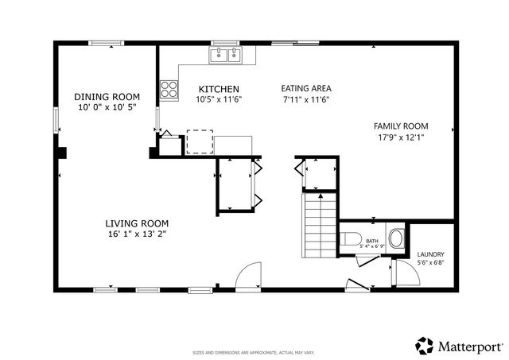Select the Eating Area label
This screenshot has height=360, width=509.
(306, 89)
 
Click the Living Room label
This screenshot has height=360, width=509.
(138, 223)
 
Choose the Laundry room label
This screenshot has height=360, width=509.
(430, 254)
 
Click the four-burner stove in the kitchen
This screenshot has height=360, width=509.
(169, 89)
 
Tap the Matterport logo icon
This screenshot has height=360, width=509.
(423, 346)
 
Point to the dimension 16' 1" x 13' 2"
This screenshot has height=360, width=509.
(138, 234)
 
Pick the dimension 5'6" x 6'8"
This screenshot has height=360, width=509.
(430, 263)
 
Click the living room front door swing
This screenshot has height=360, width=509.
(251, 274)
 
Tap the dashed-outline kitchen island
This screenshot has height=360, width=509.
(200, 141)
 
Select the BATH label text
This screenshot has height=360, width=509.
(371, 240)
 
